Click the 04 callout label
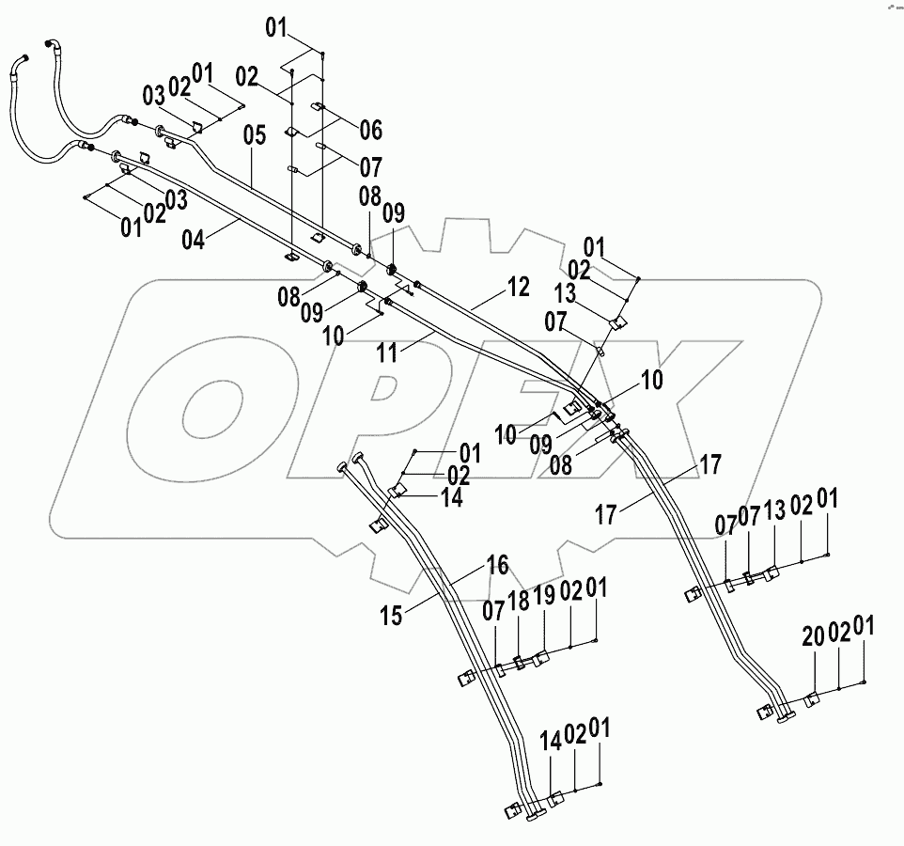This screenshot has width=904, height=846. (192, 240)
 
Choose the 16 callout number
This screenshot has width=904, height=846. (497, 564)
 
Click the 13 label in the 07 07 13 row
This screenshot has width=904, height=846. (774, 513)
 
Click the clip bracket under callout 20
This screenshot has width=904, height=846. (811, 699)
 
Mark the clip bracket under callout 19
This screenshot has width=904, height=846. (540, 661)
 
